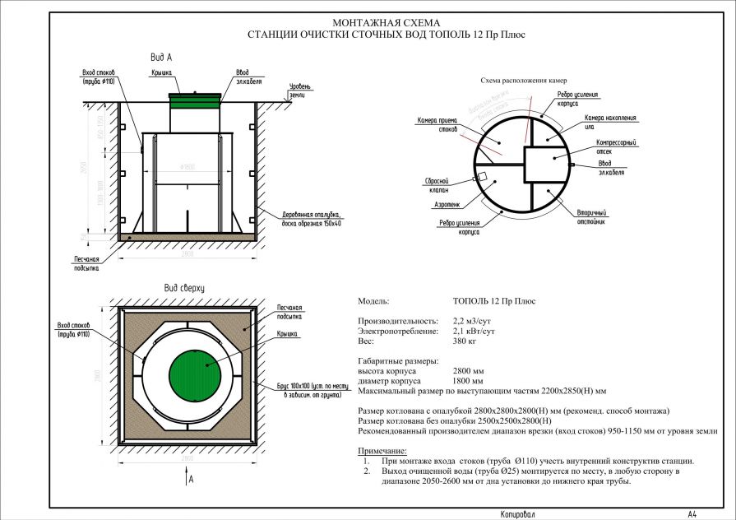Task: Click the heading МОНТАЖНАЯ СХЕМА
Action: [386, 23]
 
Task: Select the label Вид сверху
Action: [183, 289]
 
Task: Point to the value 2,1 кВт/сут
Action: [474, 331]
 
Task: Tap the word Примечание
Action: [382, 451]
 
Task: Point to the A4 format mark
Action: [692, 513]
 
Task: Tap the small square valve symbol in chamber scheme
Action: [484, 176]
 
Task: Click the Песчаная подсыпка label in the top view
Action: [289, 311]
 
